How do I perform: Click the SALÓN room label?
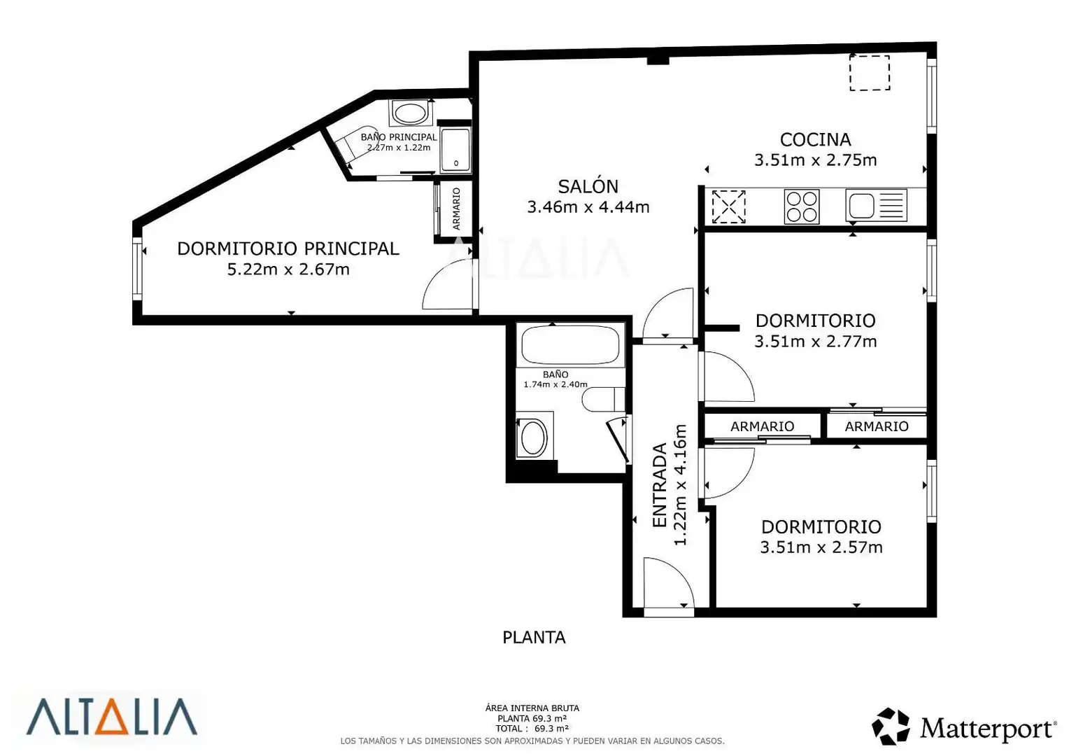(588, 186)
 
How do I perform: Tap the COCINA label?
(815, 139)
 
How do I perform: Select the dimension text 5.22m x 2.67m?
(288, 269)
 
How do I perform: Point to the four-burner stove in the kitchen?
(802, 206)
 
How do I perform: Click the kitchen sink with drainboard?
(876, 205)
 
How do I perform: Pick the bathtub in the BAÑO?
(570, 345)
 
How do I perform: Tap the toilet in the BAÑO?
(603, 399)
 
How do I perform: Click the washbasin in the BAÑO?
(534, 435)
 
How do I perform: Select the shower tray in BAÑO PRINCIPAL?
(455, 150)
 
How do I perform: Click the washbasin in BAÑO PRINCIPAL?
(410, 113)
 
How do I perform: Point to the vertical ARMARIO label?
(456, 209)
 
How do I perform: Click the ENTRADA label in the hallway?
(660, 485)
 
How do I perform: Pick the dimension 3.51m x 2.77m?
(815, 342)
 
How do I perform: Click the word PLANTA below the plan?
(534, 638)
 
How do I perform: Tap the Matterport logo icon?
(891, 726)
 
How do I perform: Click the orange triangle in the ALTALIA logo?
(112, 717)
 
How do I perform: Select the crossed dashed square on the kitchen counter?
(729, 206)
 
